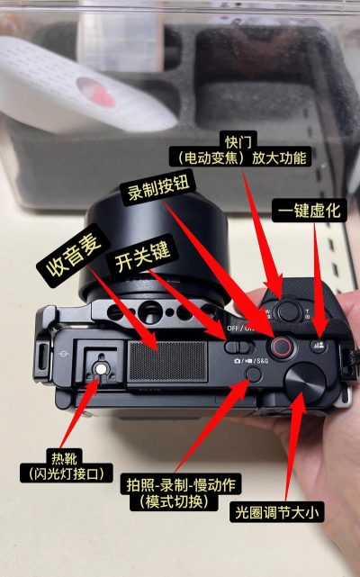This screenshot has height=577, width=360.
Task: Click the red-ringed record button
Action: coord(281,347)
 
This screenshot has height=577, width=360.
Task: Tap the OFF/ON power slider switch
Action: coord(240,347)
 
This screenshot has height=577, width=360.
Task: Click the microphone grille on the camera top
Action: coord(167,361)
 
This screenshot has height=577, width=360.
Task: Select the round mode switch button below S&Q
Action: coord(254,374)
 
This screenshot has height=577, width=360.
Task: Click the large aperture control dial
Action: coord(305,382)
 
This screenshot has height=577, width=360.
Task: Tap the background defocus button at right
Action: coord(319,346)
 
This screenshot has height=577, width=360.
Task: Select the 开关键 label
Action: coord(142,257)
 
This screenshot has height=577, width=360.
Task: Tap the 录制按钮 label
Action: coord(158,189)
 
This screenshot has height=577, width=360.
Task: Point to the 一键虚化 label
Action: coord(310,211)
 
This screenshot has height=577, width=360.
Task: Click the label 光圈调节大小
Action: coord(277,512)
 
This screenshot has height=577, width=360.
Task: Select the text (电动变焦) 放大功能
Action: coord(241,158)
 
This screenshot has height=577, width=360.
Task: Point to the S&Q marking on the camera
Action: coord(262,361)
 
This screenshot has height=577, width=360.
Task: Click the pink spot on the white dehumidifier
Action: coord(96,92)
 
